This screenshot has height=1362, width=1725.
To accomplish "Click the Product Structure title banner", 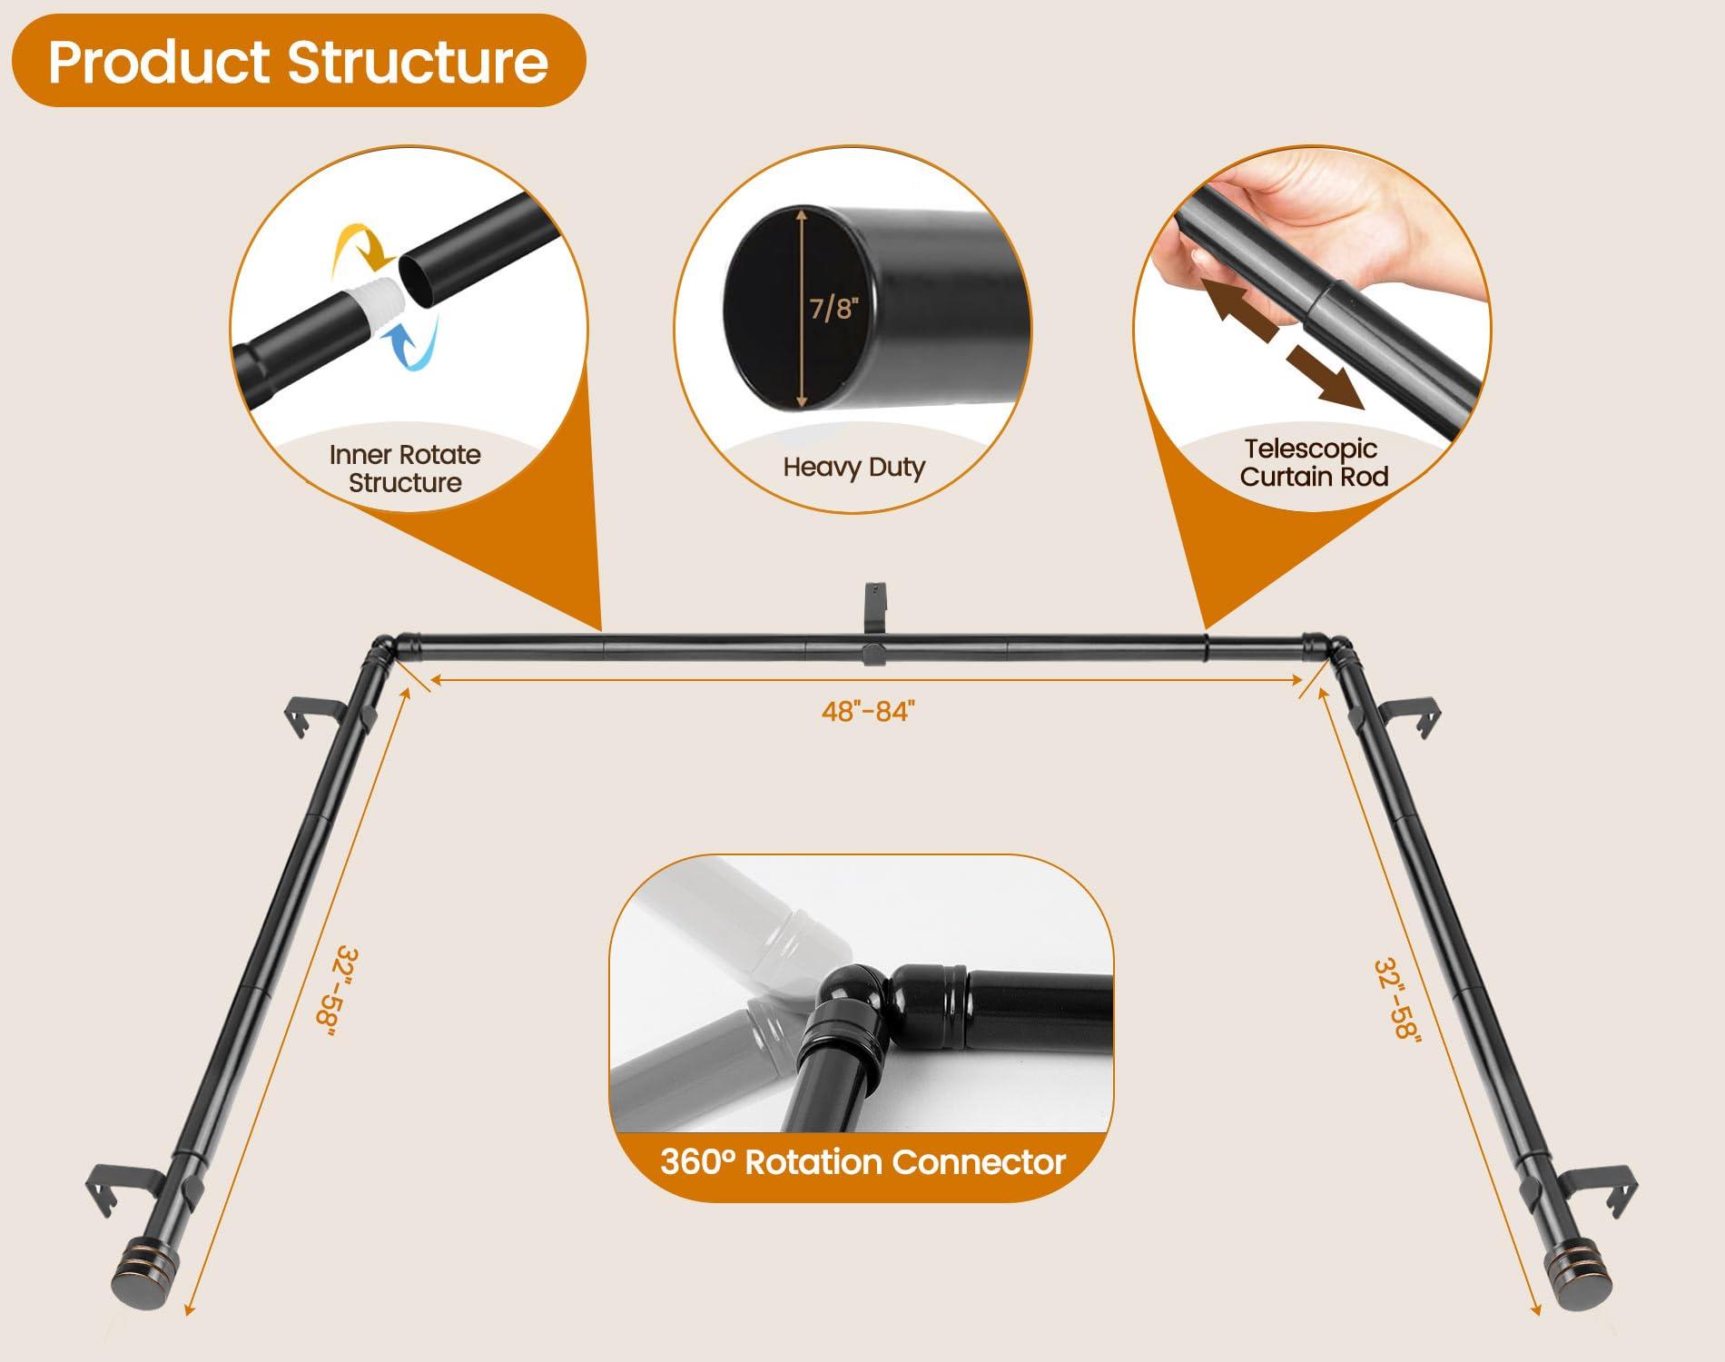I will [298, 62].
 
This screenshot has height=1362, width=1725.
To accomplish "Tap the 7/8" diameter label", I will [833, 309].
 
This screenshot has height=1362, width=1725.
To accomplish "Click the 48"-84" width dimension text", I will [864, 711].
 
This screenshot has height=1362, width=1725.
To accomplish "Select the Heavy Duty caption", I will [853, 467].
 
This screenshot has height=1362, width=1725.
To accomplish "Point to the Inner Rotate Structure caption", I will [405, 469].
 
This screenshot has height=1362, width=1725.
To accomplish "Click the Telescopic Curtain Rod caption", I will [1313, 462].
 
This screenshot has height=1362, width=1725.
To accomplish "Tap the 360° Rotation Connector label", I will [862, 1162].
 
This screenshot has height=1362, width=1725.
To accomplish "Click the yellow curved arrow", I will [360, 242].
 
